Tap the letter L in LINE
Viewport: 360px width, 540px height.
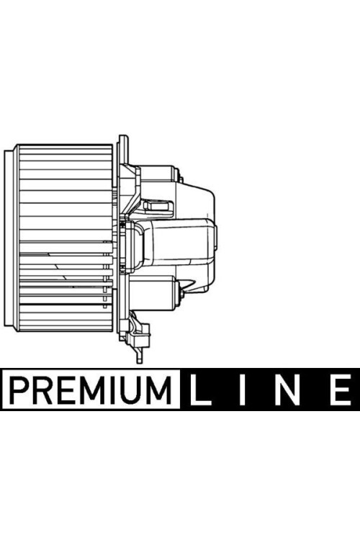point(199,392)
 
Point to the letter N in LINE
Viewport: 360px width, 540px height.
point(286,392)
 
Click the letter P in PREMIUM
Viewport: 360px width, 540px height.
point(19,392)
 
